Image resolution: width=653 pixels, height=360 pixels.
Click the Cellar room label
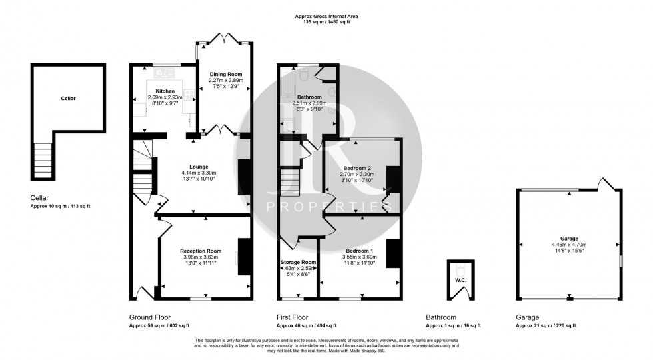click(68, 98)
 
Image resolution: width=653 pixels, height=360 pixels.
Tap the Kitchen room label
click(165, 91)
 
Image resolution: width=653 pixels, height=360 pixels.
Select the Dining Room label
click(226, 74)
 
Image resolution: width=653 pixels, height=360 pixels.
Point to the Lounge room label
click(198, 167)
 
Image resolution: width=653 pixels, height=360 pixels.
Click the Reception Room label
click(201, 251)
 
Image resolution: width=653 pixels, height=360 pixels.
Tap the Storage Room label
click(298, 262)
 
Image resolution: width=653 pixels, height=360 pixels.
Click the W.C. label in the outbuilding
click(460, 280)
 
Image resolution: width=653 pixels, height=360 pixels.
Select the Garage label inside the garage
click(569, 238)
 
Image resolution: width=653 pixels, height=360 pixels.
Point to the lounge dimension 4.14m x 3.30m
click(198, 173)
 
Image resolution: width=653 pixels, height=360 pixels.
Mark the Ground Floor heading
click(149, 317)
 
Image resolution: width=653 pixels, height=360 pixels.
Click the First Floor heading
click(292, 317)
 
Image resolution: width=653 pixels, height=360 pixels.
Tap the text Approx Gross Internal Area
click(323, 15)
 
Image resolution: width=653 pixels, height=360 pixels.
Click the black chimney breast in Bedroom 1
click(392, 253)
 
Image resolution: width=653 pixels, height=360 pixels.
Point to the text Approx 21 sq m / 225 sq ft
click(545, 325)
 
